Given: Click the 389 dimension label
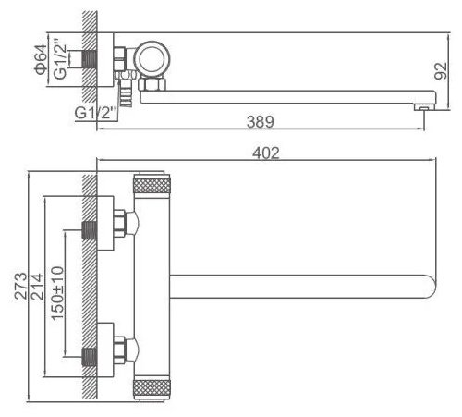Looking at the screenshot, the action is point(261,122).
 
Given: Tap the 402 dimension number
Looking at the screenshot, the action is point(266,153).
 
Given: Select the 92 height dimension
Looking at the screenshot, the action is point(441,71).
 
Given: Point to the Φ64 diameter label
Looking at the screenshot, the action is point(41,59).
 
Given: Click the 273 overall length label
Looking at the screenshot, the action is point(21,286).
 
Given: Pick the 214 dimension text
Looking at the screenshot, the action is point(37,287).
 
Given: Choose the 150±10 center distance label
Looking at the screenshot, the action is point(57,293).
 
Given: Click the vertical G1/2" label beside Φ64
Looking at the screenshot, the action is point(60,59).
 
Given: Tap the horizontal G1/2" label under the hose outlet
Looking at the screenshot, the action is point(95,113).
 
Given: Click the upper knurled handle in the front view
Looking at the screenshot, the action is point(152,184).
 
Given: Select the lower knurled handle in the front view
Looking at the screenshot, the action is point(152,389).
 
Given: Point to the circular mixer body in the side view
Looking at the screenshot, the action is point(152,58).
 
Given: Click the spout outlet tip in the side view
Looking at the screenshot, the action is point(424,107).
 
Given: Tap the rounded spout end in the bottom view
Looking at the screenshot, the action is point(431,287).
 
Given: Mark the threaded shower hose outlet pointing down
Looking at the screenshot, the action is point(126,93).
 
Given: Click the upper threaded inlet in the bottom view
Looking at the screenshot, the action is point(90,230).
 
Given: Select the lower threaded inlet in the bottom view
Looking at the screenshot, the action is point(90,357).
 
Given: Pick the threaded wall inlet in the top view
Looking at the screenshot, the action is point(90,59).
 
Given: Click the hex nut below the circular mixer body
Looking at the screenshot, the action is point(152,84).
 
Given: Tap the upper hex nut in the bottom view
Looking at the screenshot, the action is point(119,224).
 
